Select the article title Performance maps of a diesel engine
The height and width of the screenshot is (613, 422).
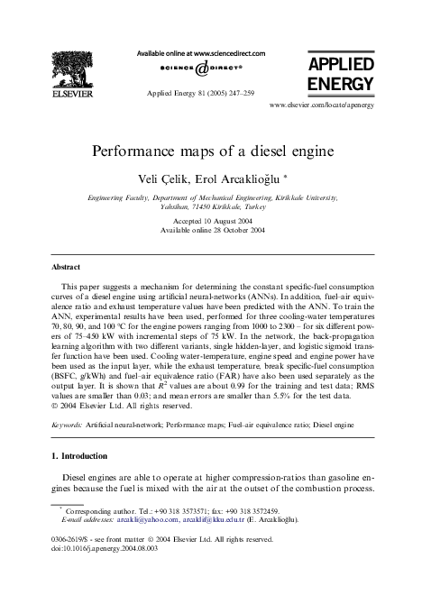(x=210, y=151)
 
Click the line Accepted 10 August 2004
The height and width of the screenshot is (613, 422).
(x=210, y=219)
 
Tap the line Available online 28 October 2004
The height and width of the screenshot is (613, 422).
(x=210, y=229)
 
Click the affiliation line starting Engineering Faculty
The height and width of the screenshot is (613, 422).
(x=210, y=197)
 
